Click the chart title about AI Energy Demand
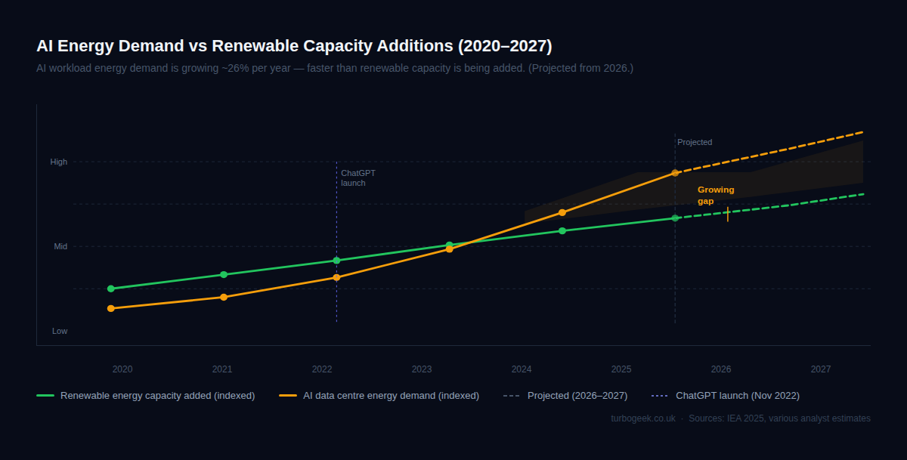[294, 46]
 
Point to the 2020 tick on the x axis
[122, 369]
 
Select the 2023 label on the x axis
[422, 369]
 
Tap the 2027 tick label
[821, 369]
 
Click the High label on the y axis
[59, 162]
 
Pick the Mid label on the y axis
[60, 246]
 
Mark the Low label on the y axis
[60, 331]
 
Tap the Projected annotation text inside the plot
[695, 142]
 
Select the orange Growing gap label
[715, 196]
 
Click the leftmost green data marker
[111, 289]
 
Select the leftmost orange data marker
[111, 308]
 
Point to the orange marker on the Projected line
[675, 173]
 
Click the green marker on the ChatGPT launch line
[336, 261]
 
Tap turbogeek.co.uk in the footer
[643, 418]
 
